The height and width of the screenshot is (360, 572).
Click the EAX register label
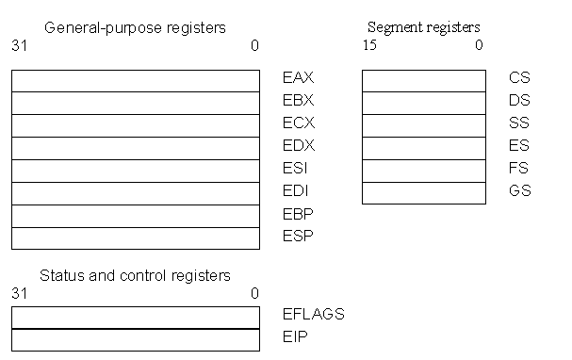coord(298,78)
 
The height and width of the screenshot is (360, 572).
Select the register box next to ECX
coord(135,125)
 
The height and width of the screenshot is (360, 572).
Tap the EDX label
coord(298,146)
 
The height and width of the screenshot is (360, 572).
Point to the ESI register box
coord(135,171)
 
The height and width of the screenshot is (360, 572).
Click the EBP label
coord(298,214)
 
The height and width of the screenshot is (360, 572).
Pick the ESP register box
coord(135,238)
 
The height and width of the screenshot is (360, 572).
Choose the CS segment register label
coord(519,78)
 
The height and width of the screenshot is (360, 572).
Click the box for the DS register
coord(423,103)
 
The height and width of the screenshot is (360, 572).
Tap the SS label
coord(519,123)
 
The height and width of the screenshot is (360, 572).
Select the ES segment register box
coord(423,148)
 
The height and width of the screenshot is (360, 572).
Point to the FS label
coord(519,169)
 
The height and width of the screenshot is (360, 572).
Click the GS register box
coord(423,193)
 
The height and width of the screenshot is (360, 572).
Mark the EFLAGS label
coord(314,314)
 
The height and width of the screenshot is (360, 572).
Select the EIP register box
coord(135,339)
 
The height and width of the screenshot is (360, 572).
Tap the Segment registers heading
coord(423,27)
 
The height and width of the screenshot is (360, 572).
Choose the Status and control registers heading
coord(135,275)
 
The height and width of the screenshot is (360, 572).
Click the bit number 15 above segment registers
coord(368,44)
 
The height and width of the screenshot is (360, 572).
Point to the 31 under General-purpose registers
coord(19,44)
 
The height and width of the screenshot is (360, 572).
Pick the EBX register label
coord(298,101)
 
